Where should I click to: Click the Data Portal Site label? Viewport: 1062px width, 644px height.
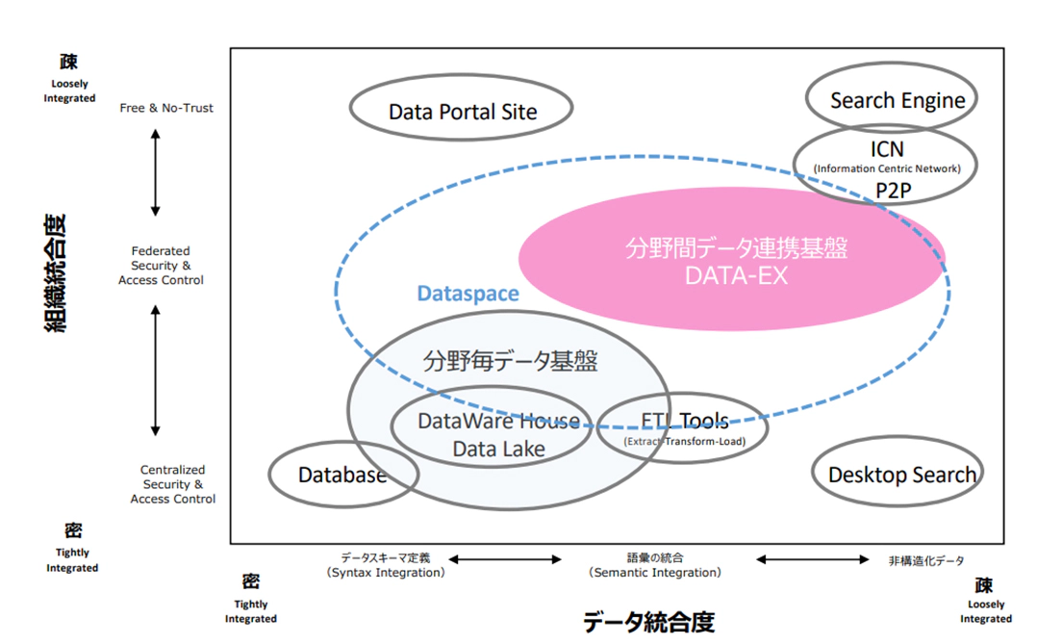click(463, 112)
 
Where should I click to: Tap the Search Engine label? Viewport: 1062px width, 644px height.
click(898, 100)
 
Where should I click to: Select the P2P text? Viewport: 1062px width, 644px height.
click(893, 191)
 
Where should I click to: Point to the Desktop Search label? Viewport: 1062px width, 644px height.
click(901, 475)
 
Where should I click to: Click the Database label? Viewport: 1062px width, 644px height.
click(341, 475)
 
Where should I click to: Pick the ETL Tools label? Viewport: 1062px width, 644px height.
click(684, 421)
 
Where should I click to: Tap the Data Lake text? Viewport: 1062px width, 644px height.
click(498, 449)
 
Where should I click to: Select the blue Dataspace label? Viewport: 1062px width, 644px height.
click(468, 294)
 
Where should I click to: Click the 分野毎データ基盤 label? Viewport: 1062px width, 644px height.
click(510, 362)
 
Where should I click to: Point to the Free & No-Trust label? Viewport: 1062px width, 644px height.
click(166, 108)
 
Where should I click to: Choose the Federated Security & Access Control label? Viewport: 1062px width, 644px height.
click(161, 266)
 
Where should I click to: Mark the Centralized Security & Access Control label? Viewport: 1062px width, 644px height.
click(173, 484)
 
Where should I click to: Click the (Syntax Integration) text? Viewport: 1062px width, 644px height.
click(385, 573)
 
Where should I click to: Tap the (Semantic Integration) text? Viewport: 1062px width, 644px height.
click(654, 573)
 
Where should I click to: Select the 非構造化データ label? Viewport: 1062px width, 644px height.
click(926, 560)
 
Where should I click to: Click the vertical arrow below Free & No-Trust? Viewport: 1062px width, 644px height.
click(155, 171)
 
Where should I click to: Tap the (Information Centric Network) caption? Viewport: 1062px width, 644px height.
click(886, 169)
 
